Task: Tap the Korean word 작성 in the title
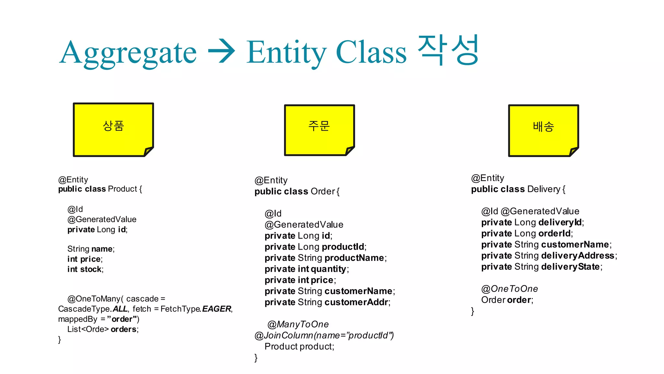click(x=448, y=50)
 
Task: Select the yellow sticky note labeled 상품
click(x=113, y=130)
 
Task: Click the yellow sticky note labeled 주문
click(x=319, y=130)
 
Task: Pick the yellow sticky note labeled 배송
click(x=543, y=131)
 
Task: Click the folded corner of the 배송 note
click(x=573, y=151)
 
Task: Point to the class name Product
click(x=122, y=189)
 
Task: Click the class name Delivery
click(x=544, y=189)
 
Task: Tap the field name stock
click(x=91, y=269)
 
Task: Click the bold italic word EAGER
click(x=216, y=309)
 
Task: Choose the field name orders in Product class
click(x=124, y=329)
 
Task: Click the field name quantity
click(x=328, y=269)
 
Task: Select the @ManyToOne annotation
click(x=298, y=324)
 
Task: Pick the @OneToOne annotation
click(x=509, y=289)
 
